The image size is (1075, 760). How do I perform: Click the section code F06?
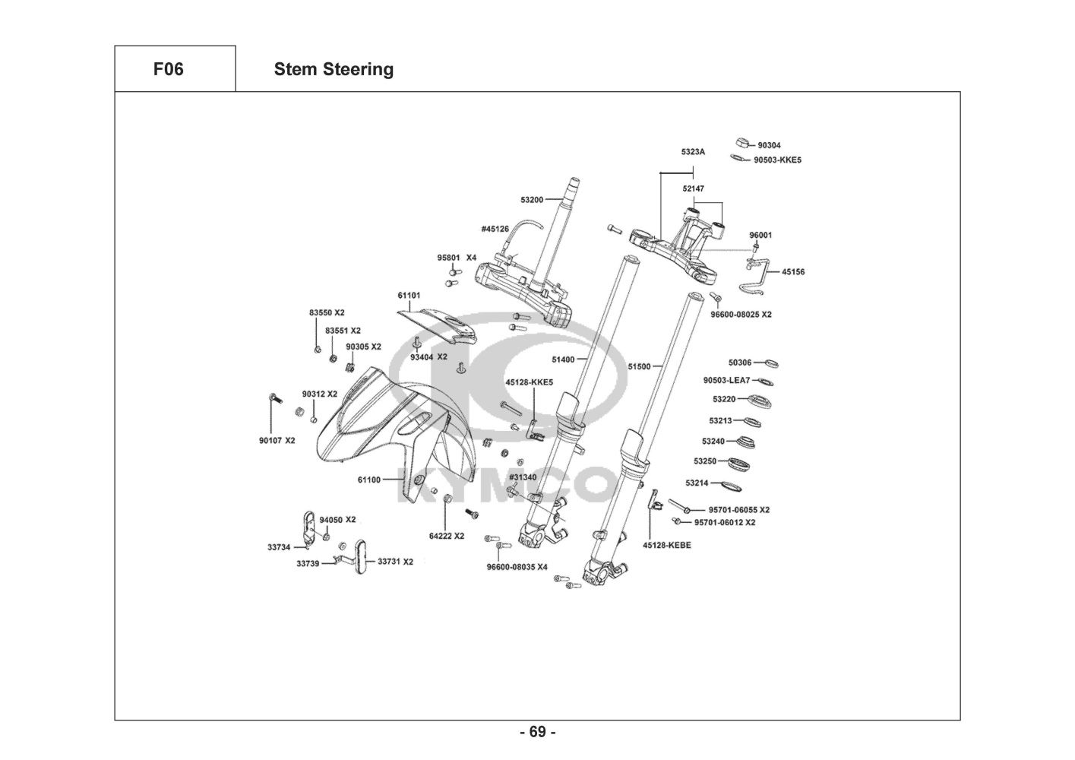click(168, 69)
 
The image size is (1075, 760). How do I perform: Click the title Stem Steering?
click(334, 69)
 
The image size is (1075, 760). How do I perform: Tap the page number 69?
click(537, 732)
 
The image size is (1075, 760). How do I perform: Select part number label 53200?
click(532, 200)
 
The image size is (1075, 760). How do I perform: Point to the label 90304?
click(769, 145)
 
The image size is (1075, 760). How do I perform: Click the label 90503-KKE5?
click(777, 160)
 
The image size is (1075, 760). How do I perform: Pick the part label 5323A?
click(693, 152)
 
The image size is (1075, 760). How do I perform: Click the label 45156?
click(793, 272)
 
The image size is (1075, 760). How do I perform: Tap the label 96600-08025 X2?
click(741, 314)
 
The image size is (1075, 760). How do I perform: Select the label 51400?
click(563, 359)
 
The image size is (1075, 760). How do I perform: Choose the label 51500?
click(639, 366)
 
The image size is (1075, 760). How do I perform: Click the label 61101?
click(408, 295)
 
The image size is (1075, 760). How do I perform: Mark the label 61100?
click(368, 480)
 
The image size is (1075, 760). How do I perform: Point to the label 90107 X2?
click(277, 440)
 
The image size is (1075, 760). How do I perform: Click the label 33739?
click(308, 563)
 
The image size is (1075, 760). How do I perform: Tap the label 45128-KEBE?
click(666, 545)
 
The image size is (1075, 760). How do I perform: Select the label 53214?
click(697, 483)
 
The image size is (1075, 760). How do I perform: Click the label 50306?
click(739, 363)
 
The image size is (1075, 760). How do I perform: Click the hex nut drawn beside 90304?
click(743, 142)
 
